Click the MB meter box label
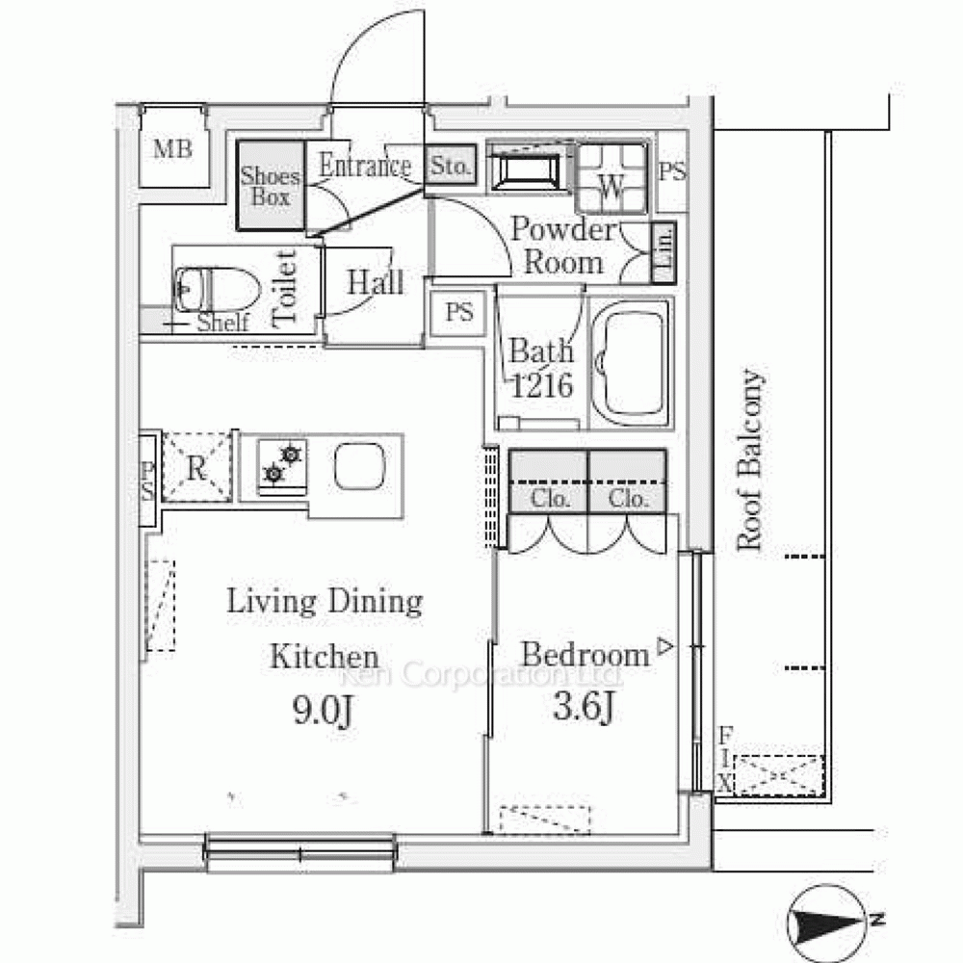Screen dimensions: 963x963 [172, 149]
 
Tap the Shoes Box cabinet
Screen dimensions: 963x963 [271, 186]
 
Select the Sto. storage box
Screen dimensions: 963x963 [450, 165]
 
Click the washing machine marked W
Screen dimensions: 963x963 [612, 178]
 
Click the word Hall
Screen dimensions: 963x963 [376, 283]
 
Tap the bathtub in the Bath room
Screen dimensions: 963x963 [631, 363]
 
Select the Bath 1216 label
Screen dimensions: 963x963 [541, 368]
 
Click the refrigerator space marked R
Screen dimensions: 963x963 [196, 467]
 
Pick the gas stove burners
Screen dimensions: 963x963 [282, 464]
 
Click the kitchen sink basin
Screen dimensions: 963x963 [360, 465]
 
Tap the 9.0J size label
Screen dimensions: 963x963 [323, 712]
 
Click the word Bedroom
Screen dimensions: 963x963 [586, 655]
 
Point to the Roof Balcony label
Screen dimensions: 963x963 [750, 459]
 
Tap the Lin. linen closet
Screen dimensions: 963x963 [664, 252]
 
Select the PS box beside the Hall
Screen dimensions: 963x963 [458, 313]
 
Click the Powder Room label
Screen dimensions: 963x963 [562, 247]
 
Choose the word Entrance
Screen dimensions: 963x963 [365, 166]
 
